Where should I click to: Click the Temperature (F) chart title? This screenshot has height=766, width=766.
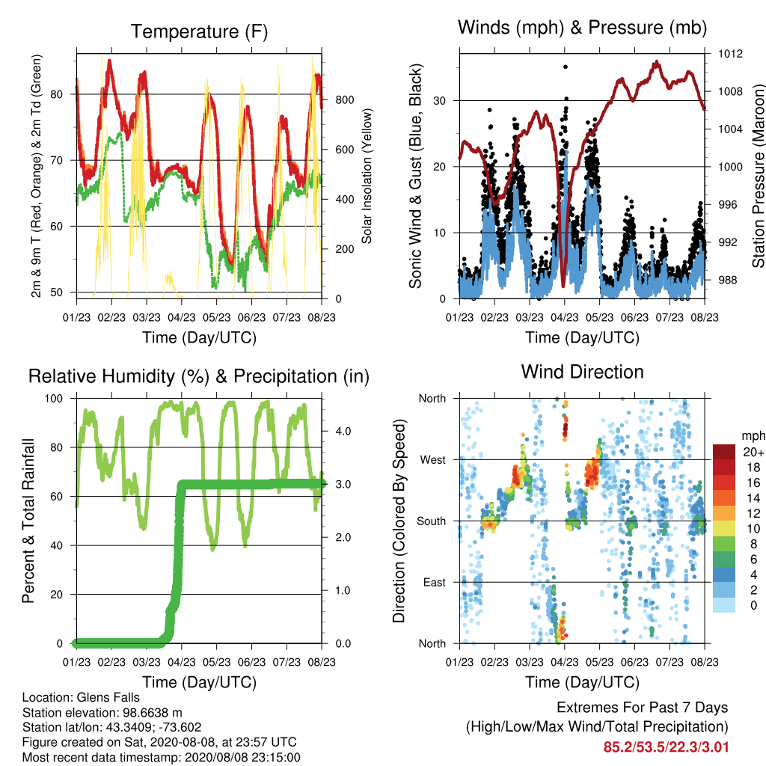tap(199, 31)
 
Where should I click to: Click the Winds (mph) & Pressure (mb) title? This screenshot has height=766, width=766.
tap(582, 28)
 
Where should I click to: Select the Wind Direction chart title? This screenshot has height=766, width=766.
tap(582, 372)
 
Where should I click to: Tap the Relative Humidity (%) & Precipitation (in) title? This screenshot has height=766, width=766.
tap(199, 377)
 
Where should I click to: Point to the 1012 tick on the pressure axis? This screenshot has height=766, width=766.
tap(730, 54)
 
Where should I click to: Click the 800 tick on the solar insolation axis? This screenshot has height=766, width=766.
tap(344, 100)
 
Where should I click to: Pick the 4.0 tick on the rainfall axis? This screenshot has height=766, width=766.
tap(343, 432)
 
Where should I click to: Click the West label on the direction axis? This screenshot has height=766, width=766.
tap(433, 460)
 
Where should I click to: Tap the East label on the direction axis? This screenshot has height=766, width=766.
tap(435, 582)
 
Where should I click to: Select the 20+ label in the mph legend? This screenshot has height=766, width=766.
tap(753, 452)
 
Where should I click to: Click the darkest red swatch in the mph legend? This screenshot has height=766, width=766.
tap(724, 452)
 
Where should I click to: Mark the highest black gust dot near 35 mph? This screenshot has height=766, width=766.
tap(566, 67)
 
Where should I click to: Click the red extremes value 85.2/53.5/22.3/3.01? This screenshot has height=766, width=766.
tap(666, 747)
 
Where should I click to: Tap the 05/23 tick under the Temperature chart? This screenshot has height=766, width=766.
tap(216, 318)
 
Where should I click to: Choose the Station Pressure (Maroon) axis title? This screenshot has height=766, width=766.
tap(758, 177)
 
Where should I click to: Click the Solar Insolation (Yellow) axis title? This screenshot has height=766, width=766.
tap(367, 176)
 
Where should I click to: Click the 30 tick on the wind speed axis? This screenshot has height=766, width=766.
tap(440, 101)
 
